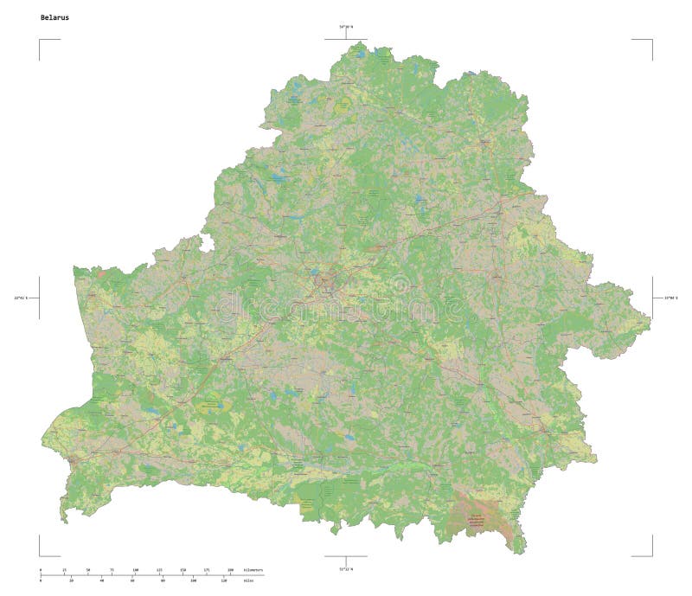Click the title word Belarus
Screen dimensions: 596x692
tap(53, 17)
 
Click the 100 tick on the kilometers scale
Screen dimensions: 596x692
tap(135, 571)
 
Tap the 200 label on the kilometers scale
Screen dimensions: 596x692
tap(230, 571)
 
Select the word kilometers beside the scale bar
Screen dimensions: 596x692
tap(253, 571)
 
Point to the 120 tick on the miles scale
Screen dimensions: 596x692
tap(224, 580)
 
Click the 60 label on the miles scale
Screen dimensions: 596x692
tap(132, 580)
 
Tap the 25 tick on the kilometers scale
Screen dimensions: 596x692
tap(64, 571)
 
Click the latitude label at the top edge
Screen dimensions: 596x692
tap(346, 28)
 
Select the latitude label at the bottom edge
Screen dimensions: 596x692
tap(346, 568)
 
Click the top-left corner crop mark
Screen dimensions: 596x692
tap(40, 40)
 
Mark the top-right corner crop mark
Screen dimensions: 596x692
tap(650, 40)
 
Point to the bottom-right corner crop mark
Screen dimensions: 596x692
tap(650, 555)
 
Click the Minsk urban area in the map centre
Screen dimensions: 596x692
tap(326, 281)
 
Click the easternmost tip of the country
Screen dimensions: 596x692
tap(650, 325)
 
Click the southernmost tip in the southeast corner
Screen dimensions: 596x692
tap(520, 552)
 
